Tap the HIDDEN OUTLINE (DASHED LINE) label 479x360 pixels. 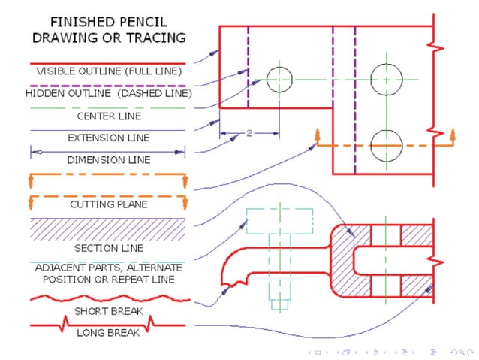click(108, 94)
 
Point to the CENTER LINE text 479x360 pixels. click(108, 116)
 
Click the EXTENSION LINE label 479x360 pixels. click(108, 138)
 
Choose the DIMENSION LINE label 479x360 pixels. click(108, 160)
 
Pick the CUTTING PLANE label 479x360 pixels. click(108, 204)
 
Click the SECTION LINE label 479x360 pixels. click(108, 248)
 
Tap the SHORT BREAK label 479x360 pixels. click(108, 310)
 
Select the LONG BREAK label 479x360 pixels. click(108, 332)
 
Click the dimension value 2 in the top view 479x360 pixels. click(249, 134)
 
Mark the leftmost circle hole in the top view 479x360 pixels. click(279, 78)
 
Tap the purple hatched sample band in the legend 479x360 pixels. click(107, 228)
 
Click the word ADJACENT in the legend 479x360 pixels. click(59, 268)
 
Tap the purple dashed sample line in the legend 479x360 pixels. click(107, 85)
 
